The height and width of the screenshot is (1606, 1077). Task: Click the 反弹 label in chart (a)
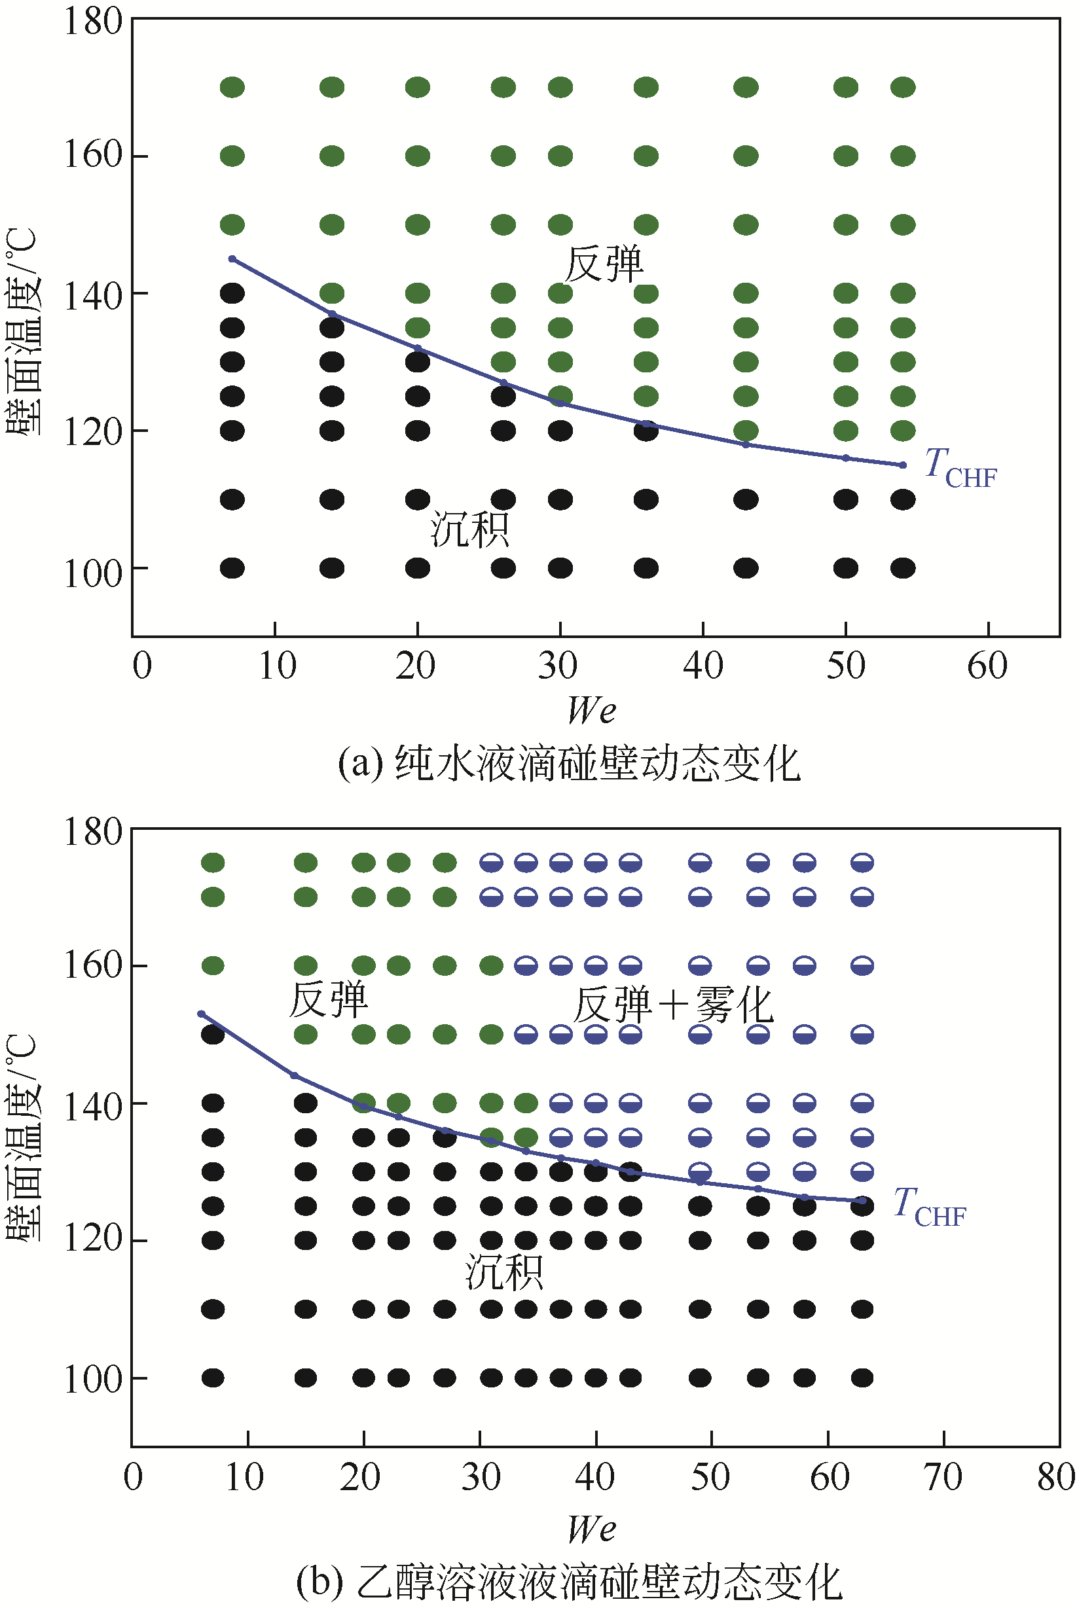point(603,264)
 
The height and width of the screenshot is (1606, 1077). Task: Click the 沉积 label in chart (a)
point(470,529)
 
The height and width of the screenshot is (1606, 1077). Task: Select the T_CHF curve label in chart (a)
point(960,469)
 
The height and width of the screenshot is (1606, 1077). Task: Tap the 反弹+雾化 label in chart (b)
point(673,1005)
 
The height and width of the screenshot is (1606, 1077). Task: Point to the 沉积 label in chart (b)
point(504,1272)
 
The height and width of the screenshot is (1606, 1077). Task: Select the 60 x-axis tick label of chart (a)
point(987,666)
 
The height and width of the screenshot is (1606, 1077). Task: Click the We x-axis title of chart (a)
point(591,710)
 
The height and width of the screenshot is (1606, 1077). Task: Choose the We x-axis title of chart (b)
point(591,1529)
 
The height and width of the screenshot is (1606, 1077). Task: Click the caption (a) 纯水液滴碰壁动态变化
point(569,763)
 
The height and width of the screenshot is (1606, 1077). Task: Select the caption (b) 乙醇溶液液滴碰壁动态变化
point(569,1581)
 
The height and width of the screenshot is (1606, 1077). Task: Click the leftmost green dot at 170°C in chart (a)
point(232,87)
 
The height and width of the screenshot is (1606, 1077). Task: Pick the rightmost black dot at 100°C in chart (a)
point(903,568)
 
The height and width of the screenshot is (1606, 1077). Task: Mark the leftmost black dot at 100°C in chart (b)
point(213,1378)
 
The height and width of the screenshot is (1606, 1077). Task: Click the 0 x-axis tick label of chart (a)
point(142,666)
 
